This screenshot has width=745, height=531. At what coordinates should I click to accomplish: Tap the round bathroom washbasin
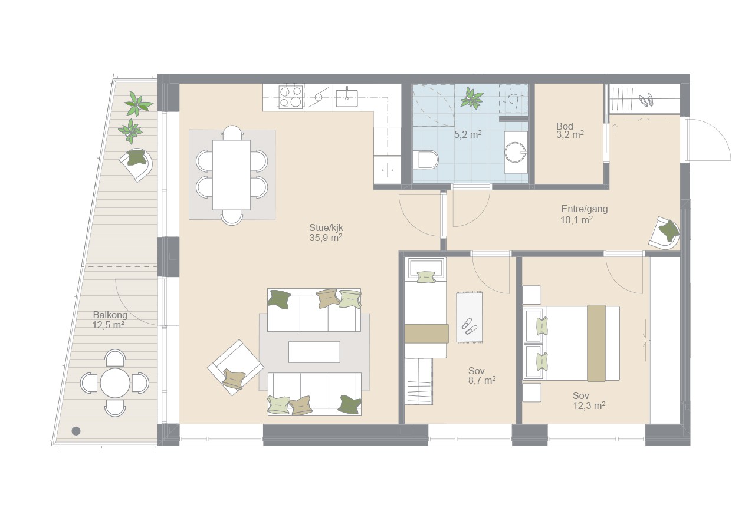(x=516, y=153)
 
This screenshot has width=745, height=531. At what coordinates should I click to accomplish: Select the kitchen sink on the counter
(x=347, y=98)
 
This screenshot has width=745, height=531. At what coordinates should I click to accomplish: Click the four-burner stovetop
(x=291, y=97)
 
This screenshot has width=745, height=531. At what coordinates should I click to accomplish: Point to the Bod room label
(x=565, y=126)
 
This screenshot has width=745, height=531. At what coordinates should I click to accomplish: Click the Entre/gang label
(x=585, y=209)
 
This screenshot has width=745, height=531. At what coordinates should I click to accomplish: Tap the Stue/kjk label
(x=326, y=227)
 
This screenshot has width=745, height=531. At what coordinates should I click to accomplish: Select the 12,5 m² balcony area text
(x=109, y=325)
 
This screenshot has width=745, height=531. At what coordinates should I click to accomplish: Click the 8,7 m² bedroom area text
(x=482, y=380)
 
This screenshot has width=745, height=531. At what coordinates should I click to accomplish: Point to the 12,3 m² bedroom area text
(x=589, y=405)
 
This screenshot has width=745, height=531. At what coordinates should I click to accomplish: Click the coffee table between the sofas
(x=314, y=352)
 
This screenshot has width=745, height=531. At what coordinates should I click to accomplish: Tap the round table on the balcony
(x=115, y=383)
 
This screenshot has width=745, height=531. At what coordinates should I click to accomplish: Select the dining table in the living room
(x=231, y=175)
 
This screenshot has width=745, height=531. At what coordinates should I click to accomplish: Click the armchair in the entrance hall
(x=664, y=233)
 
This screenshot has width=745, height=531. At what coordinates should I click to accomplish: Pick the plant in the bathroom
(x=472, y=98)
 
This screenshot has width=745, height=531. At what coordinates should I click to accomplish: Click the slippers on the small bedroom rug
(x=468, y=326)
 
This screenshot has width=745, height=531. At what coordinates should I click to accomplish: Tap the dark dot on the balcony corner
(x=76, y=431)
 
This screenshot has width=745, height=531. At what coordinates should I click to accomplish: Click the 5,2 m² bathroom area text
(x=468, y=134)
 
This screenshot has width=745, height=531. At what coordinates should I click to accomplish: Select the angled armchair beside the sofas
(x=235, y=368)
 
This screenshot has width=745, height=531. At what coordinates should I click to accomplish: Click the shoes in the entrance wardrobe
(x=646, y=100)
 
